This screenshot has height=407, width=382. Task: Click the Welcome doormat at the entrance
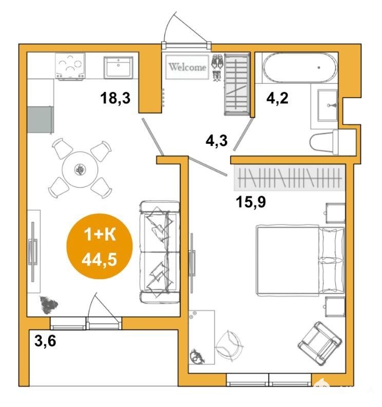pos(187,67)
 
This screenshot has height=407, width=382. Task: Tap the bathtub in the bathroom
pos(300,68)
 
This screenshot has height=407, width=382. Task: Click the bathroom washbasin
pos(328,105)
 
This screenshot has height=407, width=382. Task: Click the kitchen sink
pos(118,67)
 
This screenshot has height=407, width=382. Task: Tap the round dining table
pos(80,170)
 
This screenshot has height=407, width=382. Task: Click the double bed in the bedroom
pos(300,261)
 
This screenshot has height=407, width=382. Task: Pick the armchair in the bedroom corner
pos(319,343)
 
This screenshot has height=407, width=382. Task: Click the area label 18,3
pos(116,98)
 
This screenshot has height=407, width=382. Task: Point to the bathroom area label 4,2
pos(277,98)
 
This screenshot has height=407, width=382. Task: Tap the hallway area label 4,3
pos(217,141)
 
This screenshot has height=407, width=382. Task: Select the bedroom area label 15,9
pos(251,201)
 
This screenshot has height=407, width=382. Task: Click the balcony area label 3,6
pos(45,341)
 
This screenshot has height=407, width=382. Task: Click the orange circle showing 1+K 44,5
pos(100,246)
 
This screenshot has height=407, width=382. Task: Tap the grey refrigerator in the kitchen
pos(41,120)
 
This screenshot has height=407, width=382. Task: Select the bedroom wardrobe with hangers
pos(290,178)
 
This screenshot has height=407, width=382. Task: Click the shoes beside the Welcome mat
pos(217,67)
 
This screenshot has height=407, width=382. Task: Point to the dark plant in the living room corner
pos(48,304)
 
